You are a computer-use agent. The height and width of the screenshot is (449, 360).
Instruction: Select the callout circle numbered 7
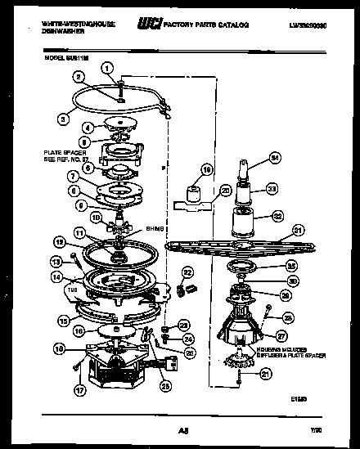point(74,176)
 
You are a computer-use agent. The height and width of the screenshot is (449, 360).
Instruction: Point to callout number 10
point(96,218)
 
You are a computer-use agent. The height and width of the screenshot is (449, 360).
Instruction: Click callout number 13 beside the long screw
point(56,261)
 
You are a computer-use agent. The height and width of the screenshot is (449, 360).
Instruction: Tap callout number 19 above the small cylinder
point(207,171)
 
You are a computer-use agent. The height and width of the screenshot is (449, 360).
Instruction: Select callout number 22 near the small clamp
point(187,272)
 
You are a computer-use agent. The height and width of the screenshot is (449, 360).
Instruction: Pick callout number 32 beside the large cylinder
point(277,218)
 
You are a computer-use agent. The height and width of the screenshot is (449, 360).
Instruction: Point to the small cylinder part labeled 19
point(194,195)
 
